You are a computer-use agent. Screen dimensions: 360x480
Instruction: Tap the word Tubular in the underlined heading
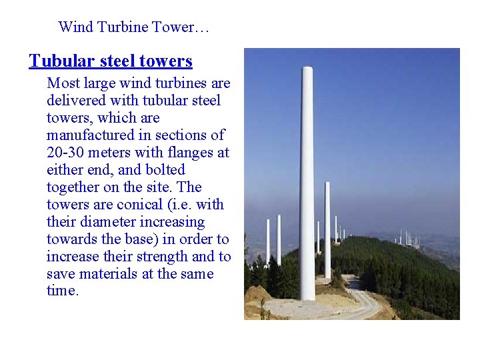click(x=58, y=61)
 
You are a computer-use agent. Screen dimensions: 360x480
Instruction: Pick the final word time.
click(x=63, y=291)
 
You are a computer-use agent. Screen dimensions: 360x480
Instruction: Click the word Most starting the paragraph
click(x=63, y=83)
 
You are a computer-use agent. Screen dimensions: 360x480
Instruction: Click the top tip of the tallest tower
click(x=307, y=68)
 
